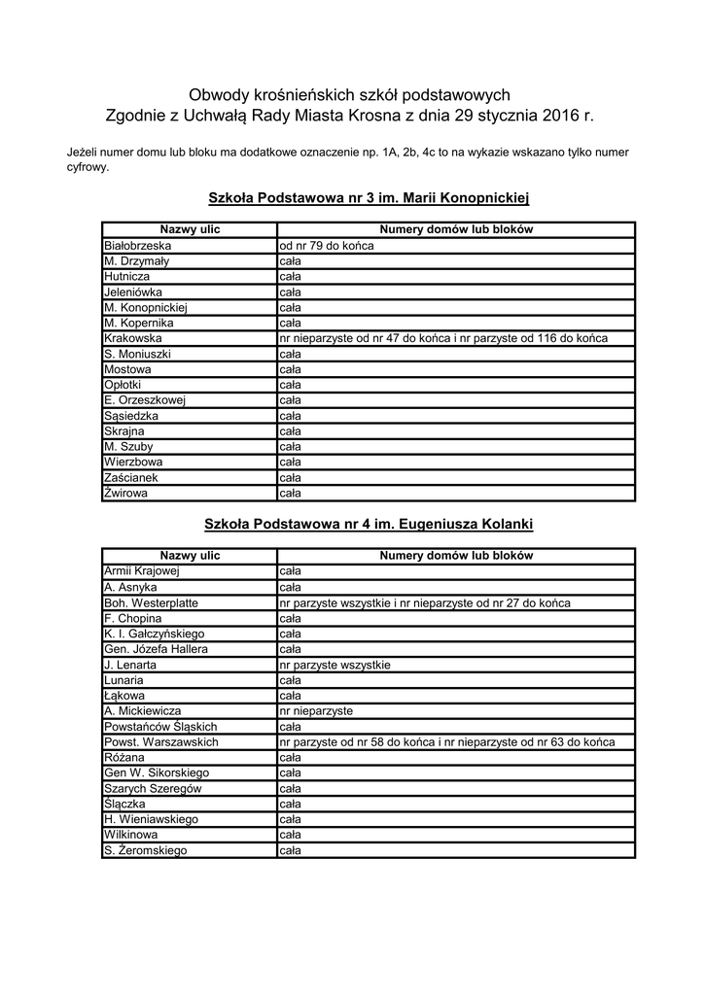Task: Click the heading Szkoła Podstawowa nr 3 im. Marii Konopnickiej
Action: tap(369, 198)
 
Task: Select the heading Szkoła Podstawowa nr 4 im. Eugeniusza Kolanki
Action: tap(369, 524)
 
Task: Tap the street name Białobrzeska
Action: tap(137, 246)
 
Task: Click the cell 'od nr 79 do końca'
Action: tap(326, 246)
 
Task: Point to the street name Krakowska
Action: tap(133, 338)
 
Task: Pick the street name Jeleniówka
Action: tap(133, 292)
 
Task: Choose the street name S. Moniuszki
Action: tap(137, 354)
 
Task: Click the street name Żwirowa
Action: tap(127, 494)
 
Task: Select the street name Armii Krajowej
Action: tap(142, 571)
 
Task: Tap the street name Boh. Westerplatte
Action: tap(151, 602)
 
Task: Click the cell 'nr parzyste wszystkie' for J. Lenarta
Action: tap(335, 665)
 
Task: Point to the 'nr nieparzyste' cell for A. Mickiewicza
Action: tap(315, 711)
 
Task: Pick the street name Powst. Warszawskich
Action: tap(160, 742)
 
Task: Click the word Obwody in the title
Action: tap(219, 95)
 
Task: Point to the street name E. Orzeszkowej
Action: tap(144, 400)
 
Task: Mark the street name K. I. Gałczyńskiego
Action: tap(154, 634)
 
